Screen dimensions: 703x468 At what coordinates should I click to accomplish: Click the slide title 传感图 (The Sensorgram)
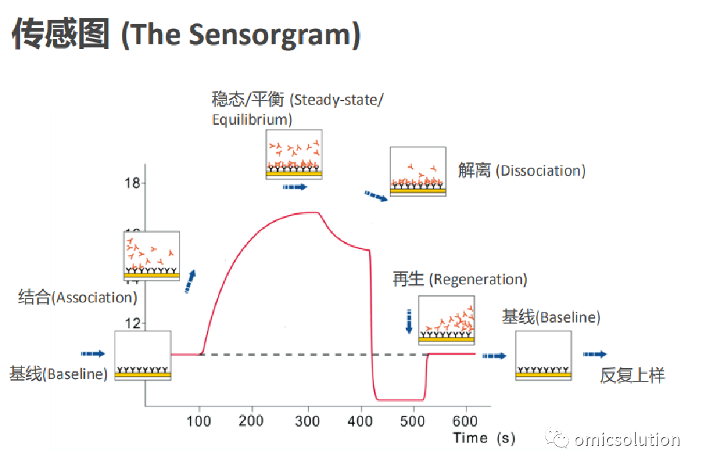point(186,34)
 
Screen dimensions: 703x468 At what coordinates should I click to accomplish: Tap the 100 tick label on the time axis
point(198,421)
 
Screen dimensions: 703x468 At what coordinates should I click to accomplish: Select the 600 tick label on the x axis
point(465,421)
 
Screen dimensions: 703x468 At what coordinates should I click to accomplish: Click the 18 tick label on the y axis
point(132,183)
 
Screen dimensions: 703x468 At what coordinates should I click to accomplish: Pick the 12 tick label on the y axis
point(132,323)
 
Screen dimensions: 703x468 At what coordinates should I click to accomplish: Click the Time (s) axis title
point(484,438)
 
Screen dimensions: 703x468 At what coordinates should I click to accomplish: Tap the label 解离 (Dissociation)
point(521,170)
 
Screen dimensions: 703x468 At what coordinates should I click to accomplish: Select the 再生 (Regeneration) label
point(460,279)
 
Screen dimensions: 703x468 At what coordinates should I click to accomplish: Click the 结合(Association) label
point(78,297)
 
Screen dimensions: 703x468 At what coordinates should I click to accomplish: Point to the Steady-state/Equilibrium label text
point(298,109)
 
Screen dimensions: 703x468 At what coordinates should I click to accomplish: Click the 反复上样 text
point(632,375)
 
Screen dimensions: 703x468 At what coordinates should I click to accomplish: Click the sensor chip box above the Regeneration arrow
point(446,320)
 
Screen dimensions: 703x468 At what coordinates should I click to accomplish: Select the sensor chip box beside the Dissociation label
point(418,172)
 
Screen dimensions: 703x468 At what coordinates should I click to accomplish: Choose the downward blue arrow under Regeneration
point(409,321)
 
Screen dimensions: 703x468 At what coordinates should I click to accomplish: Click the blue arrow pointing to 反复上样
point(594,355)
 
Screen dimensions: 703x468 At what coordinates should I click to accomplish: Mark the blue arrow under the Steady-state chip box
point(295,186)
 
